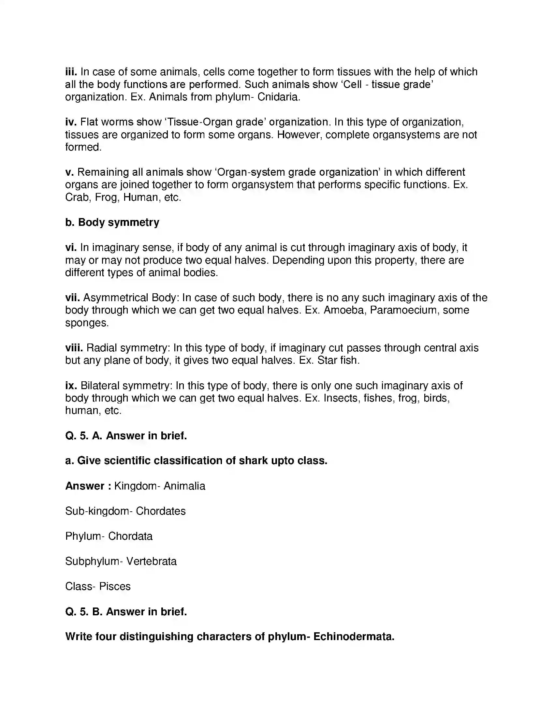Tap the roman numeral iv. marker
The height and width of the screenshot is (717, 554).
71,122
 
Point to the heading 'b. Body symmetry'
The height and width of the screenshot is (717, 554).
112,223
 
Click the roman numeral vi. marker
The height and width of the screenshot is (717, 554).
71,248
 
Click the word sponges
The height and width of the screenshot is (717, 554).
87,323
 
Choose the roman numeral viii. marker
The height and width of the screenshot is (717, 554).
74,348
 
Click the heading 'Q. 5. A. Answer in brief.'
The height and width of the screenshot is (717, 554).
126,436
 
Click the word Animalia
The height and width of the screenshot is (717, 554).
184,486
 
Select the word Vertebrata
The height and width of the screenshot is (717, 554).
151,562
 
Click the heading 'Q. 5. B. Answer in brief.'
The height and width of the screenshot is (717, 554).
126,612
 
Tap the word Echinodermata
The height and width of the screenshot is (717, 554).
354,637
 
